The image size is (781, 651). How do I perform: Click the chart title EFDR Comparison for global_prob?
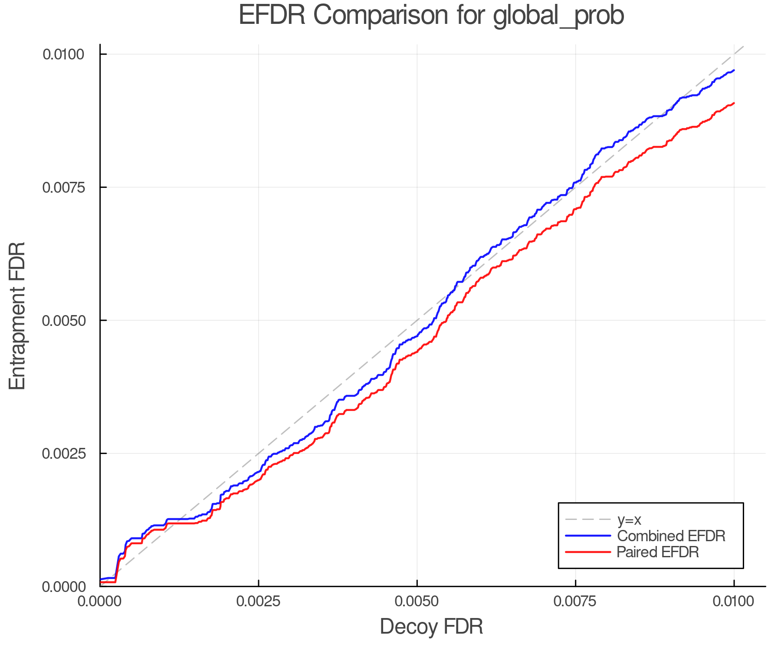431,16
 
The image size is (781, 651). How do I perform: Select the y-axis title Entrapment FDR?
17,316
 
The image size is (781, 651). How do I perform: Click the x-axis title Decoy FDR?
431,627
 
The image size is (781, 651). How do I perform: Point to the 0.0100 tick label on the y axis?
63,55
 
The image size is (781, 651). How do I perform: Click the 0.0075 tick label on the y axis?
63,187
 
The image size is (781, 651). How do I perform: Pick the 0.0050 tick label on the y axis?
63,321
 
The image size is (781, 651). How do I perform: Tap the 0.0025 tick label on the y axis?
63,454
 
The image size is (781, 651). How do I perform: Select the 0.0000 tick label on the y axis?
63,587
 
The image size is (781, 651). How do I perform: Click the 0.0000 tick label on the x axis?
100,602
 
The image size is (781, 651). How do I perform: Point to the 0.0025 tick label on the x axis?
259,602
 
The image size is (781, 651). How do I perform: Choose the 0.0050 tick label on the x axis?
417,602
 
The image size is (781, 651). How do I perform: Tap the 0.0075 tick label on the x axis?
575,602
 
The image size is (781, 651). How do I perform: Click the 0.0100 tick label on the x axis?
734,602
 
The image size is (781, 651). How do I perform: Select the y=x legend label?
629,519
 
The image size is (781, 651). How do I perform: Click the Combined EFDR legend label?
671,536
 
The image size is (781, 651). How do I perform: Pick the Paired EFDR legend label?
658,552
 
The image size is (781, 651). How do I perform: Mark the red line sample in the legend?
588,552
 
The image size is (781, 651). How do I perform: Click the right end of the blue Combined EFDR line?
734,70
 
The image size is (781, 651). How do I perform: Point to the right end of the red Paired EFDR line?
734,103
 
